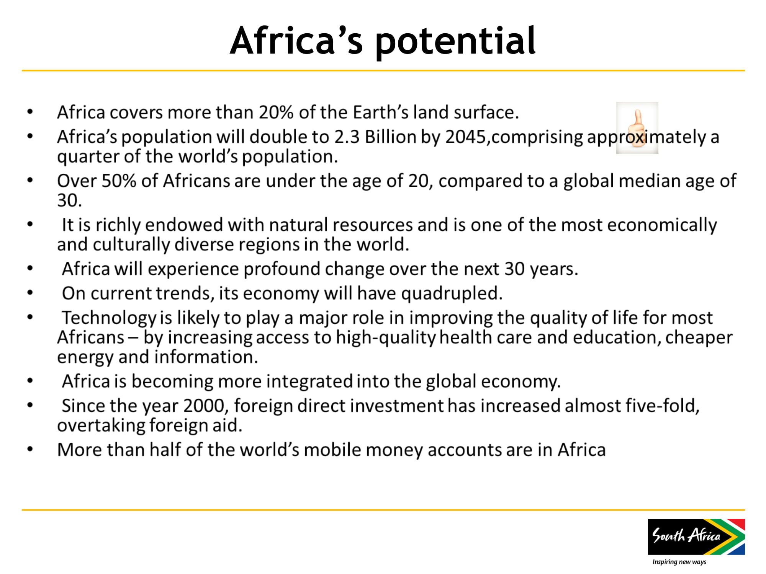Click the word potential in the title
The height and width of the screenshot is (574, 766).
click(x=455, y=42)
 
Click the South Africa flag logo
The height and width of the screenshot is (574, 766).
click(x=696, y=537)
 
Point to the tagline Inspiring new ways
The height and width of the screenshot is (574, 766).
click(x=679, y=562)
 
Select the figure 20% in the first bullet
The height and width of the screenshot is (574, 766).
click(x=276, y=113)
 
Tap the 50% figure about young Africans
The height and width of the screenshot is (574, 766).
click(x=119, y=181)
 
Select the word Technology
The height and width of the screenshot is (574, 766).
click(x=109, y=318)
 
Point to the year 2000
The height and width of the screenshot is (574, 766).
click(x=203, y=406)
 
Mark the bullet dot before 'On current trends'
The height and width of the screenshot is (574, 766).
click(x=30, y=293)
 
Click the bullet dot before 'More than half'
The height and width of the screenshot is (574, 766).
click(x=30, y=449)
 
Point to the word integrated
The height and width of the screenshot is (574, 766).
click(x=309, y=382)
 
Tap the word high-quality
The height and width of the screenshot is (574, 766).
click(x=386, y=338)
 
